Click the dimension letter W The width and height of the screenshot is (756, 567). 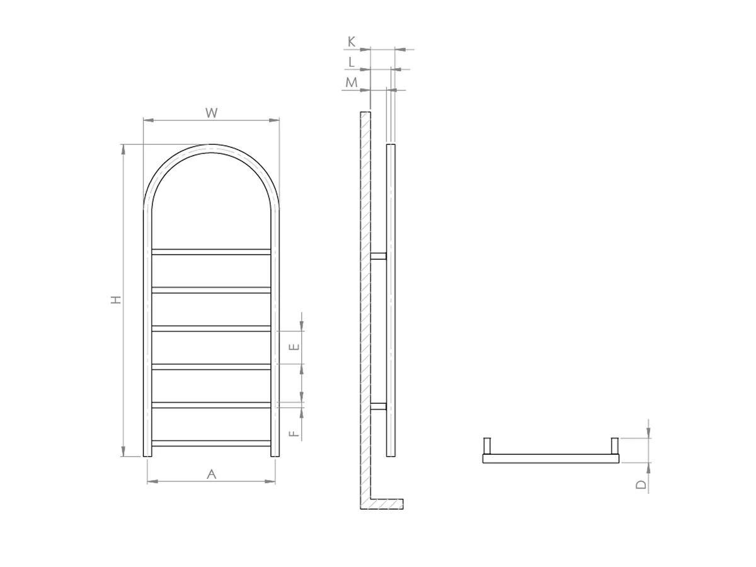coord(212,113)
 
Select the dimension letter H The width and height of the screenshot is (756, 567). coord(115,301)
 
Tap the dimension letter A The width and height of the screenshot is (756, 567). coord(212,474)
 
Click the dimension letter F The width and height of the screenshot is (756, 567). coord(294,433)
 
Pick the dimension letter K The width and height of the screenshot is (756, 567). coord(352,42)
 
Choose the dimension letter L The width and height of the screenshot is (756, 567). coord(352,62)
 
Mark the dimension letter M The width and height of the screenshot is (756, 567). coord(352,83)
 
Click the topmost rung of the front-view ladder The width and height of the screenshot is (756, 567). coord(212,252)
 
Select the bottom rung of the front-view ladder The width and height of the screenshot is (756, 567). coord(212,444)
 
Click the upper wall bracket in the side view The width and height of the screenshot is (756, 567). coord(378,256)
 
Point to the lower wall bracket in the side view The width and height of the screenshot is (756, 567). coord(378,406)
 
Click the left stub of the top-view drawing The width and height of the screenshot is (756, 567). coord(487,445)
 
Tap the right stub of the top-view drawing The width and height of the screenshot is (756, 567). coord(615,445)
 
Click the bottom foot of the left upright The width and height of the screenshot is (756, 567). coord(147,452)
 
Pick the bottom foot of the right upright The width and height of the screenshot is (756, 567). coord(275,452)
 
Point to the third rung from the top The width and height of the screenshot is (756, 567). coord(212,328)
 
